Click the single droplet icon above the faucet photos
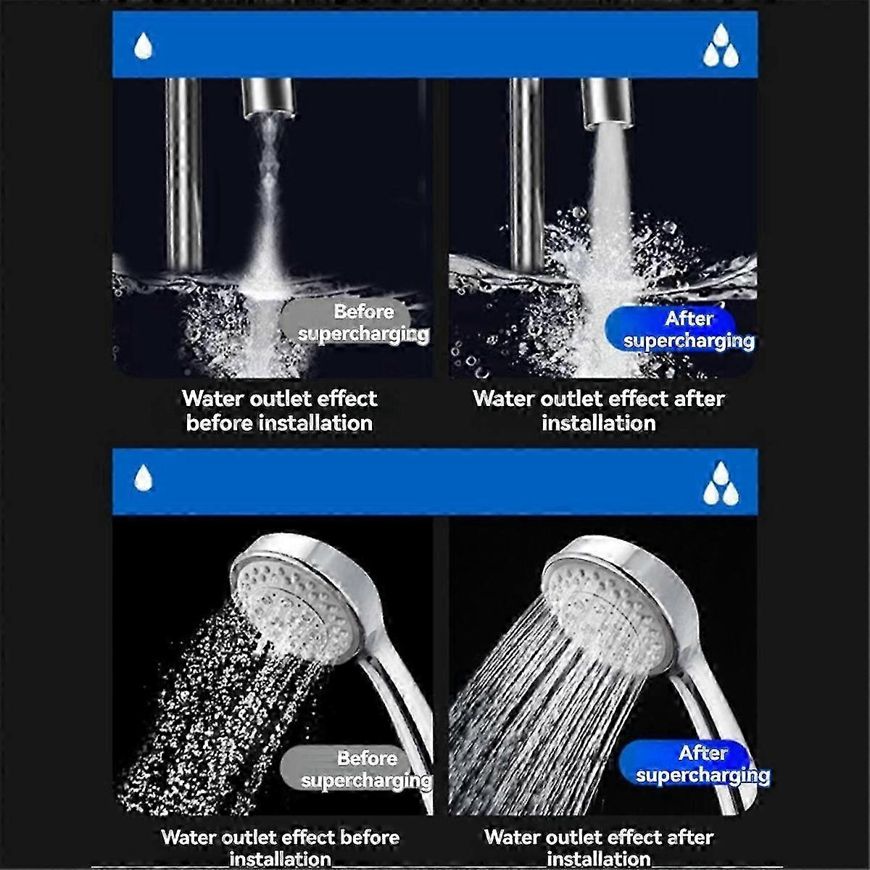[143, 46]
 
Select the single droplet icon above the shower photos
[143, 478]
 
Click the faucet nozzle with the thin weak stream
[268, 99]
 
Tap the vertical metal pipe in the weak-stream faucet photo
[183, 175]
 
